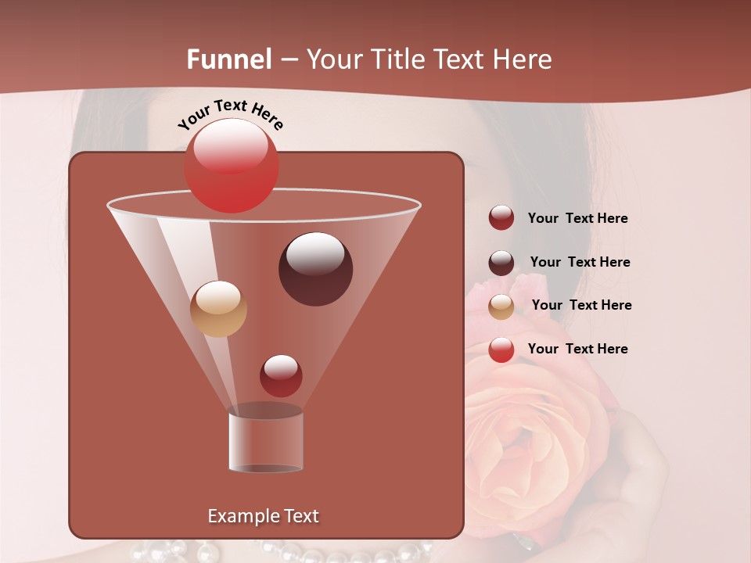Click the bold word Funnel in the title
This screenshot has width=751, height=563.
coord(228,59)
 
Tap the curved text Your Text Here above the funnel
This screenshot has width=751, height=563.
coord(231,114)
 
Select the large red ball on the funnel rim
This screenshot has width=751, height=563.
coord(231,166)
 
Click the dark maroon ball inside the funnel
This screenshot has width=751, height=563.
coord(315,269)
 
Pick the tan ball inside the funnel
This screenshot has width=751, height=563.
coord(218,309)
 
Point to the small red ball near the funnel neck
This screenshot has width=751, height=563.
coord(281,375)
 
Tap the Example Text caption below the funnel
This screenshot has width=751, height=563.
coord(263,516)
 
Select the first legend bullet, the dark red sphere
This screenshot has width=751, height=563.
coord(501,217)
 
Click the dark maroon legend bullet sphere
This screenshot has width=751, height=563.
coord(501,263)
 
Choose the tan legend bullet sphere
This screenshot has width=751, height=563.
coord(501,307)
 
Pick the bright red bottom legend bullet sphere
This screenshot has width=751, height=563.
coord(501,350)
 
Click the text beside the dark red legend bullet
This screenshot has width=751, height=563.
coord(577,219)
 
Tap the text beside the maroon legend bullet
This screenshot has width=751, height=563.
coord(580,263)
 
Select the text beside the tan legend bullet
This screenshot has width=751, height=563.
coord(581,306)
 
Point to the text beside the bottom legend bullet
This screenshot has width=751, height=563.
coord(577,349)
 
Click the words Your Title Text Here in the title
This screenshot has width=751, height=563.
coord(429,59)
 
